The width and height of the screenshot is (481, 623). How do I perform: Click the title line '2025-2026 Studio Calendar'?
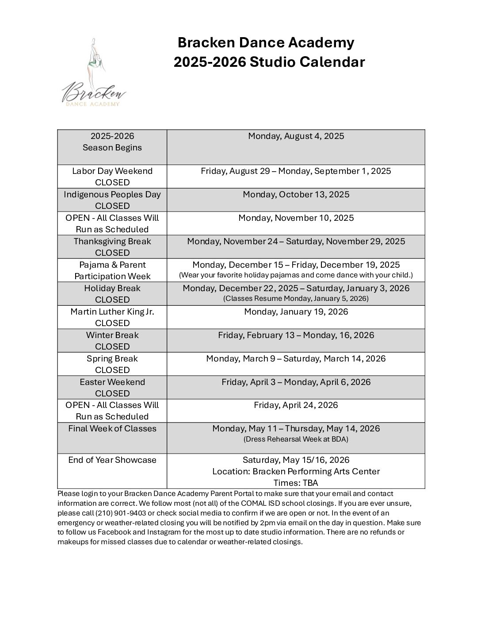click(x=269, y=62)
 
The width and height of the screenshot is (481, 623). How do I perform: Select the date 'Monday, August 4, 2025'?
click(x=296, y=136)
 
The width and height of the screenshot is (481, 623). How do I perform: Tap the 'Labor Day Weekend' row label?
click(x=112, y=171)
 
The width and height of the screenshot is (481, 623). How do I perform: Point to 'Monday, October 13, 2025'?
click(x=296, y=195)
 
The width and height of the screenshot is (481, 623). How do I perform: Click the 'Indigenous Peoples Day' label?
click(x=112, y=195)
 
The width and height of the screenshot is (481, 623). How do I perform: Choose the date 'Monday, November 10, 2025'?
click(x=296, y=218)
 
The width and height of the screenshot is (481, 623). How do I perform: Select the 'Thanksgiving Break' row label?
click(x=112, y=242)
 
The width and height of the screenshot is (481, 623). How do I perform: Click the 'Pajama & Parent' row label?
click(x=112, y=265)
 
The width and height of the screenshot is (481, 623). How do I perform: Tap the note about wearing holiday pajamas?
click(x=296, y=275)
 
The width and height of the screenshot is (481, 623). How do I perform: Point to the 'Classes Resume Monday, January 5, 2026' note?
click(x=296, y=299)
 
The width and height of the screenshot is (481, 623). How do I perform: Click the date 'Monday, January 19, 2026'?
click(x=296, y=312)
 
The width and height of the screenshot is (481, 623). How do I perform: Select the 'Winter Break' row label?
click(x=112, y=335)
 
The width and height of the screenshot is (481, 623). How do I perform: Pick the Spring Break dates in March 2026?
click(x=296, y=359)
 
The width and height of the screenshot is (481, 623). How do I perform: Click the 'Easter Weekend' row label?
click(x=112, y=382)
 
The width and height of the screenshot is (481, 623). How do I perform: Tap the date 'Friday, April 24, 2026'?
click(x=296, y=405)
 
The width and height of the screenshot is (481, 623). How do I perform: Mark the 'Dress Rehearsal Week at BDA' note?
click(x=296, y=439)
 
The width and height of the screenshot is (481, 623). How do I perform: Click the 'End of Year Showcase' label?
click(x=112, y=460)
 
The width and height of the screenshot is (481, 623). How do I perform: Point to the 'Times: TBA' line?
click(x=296, y=483)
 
